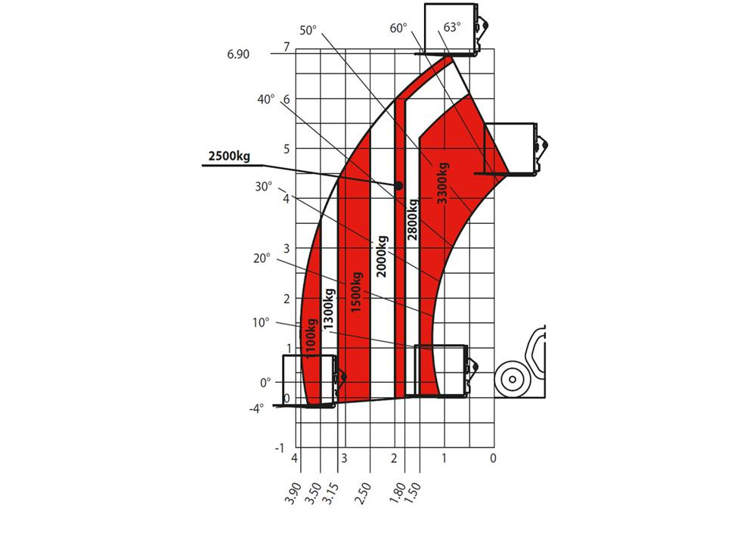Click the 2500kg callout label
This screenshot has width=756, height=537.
click(x=229, y=157)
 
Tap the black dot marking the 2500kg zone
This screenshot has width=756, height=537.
click(x=398, y=186)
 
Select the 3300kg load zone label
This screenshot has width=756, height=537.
click(x=442, y=183)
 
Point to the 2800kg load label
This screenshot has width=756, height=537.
click(x=413, y=219)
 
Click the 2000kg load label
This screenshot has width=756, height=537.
click(x=382, y=256)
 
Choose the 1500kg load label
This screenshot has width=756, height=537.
click(x=356, y=293)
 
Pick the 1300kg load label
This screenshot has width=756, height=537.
click(x=329, y=309)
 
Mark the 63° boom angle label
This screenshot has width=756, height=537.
click(x=452, y=27)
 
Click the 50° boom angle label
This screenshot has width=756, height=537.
click(x=308, y=30)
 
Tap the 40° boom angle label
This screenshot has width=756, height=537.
click(x=265, y=99)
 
